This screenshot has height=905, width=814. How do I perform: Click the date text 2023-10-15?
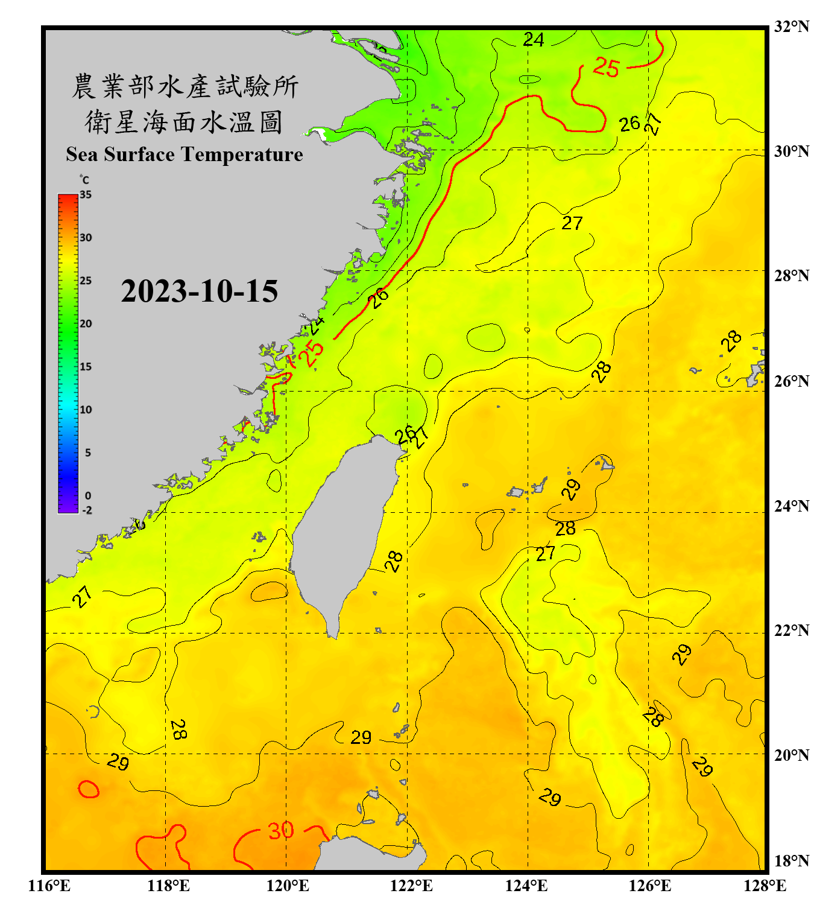[x=199, y=291]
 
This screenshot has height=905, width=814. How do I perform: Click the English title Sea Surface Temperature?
[x=184, y=154]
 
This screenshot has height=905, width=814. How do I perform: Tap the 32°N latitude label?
[x=791, y=27]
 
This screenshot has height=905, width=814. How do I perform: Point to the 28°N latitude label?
[x=791, y=276]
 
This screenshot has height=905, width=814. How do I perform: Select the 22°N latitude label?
[x=791, y=630]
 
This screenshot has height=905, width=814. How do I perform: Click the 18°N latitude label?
[x=791, y=861]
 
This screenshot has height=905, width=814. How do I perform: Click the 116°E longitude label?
[x=49, y=886]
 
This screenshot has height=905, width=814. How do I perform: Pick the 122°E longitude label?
[x=411, y=886]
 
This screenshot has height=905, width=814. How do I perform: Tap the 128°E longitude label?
[x=765, y=886]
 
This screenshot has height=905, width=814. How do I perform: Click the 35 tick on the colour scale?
[x=86, y=195]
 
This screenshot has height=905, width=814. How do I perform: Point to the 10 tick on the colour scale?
[x=86, y=410]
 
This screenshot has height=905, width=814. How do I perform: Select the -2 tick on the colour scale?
[x=87, y=510]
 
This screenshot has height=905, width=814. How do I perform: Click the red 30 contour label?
[x=281, y=831]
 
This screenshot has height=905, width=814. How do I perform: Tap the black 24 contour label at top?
[x=533, y=40]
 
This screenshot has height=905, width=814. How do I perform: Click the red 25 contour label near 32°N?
[x=606, y=67]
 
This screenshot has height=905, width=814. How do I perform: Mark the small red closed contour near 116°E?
[x=89, y=789]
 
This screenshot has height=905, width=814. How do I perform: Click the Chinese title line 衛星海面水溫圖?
[x=184, y=122]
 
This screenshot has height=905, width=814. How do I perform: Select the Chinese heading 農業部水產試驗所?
[x=184, y=86]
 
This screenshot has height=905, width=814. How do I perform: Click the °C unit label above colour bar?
[x=84, y=180]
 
